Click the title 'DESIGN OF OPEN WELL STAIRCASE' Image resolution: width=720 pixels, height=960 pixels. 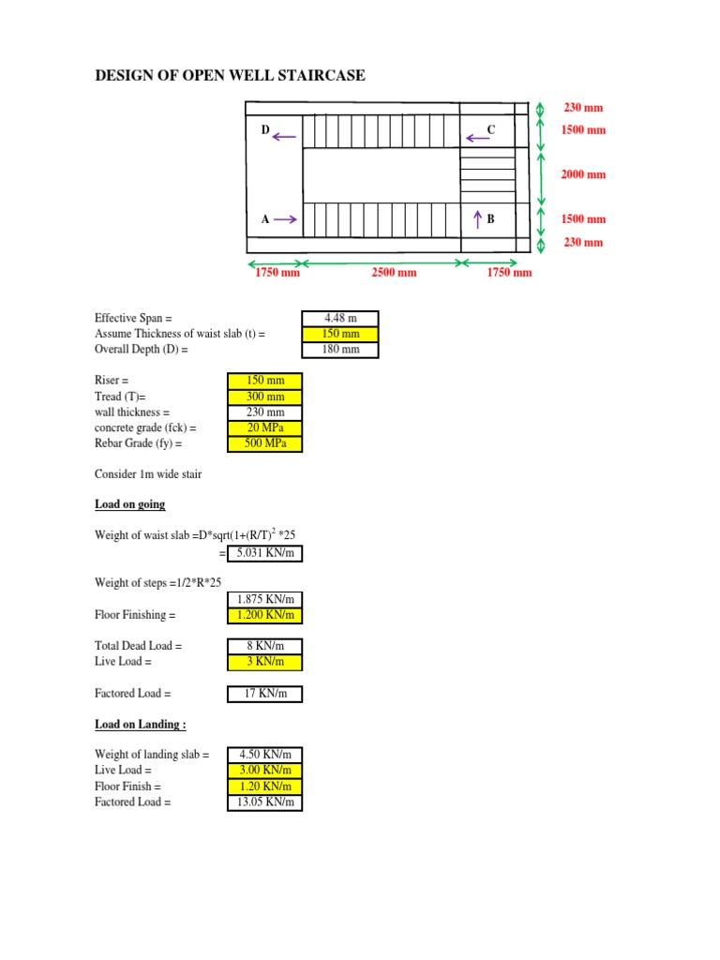point(231,75)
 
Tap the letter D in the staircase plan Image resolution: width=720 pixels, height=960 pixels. point(265,130)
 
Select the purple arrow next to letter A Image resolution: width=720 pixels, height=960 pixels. point(286,219)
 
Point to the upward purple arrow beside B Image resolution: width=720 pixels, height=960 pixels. point(478,219)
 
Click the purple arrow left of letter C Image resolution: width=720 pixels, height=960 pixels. point(478,139)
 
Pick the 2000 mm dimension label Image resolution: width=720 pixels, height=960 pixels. point(583,174)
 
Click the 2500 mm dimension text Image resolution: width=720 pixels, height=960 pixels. point(393,273)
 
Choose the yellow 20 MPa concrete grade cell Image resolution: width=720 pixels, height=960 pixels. point(265,428)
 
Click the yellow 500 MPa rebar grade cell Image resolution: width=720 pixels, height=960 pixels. point(265,443)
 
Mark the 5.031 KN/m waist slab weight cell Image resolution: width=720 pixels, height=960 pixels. point(265,553)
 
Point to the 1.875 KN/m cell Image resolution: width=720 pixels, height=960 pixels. point(265,599)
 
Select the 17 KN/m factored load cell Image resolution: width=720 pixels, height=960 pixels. point(265,694)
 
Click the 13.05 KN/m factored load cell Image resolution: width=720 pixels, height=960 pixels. point(265,802)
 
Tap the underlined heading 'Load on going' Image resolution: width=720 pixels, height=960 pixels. point(129,504)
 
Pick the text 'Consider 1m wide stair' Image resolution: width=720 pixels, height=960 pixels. point(148,474)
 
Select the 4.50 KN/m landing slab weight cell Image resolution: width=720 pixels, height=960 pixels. point(265,754)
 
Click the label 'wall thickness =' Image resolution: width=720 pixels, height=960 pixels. point(132,412)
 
